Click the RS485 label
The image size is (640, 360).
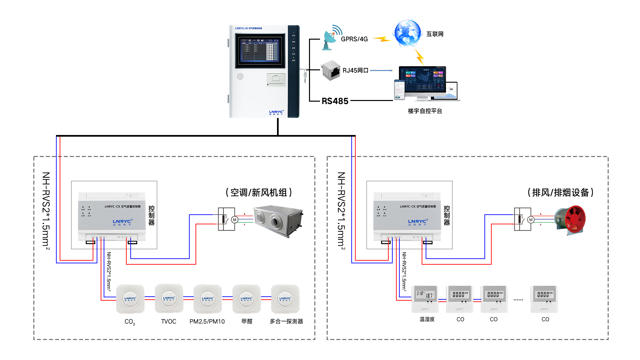[x=335, y=101]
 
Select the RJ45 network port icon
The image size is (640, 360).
[x=331, y=70]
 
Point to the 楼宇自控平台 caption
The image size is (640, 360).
[x=425, y=111]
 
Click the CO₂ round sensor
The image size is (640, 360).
[x=130, y=299]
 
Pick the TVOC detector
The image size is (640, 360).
[x=169, y=298]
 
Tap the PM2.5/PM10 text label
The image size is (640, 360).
[x=207, y=321]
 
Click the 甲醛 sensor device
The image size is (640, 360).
[x=246, y=299]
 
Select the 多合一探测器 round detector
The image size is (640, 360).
[x=285, y=299]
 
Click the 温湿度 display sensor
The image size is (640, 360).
[x=425, y=299]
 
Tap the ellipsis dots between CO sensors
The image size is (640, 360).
[x=518, y=300]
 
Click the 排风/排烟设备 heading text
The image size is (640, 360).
[x=560, y=192]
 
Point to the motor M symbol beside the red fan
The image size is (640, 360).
[x=531, y=220]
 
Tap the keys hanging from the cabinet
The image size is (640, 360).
[x=305, y=76]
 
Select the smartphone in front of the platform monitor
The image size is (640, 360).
[x=399, y=90]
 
